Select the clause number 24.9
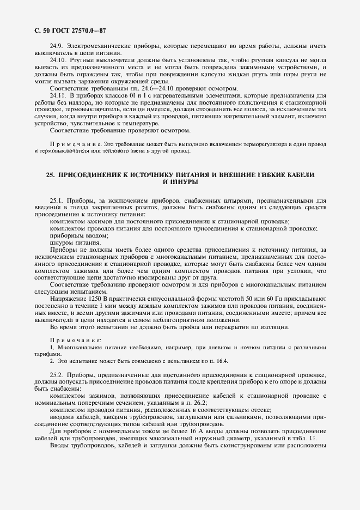57,47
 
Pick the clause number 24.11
58,95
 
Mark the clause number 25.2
57,376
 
